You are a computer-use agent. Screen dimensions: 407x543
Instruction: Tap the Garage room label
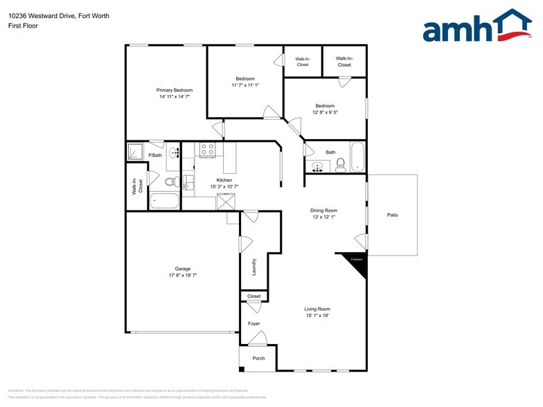click(x=183, y=269)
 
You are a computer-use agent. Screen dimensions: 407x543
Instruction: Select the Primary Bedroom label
click(x=175, y=91)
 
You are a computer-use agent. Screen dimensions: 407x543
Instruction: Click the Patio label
click(x=392, y=215)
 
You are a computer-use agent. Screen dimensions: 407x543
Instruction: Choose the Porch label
click(x=258, y=358)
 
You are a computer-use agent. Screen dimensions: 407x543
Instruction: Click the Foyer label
click(x=254, y=324)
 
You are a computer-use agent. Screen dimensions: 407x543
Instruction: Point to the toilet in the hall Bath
click(x=340, y=164)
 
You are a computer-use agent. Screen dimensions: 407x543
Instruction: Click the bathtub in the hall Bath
click(x=357, y=157)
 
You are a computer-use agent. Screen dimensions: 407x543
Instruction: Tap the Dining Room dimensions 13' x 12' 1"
click(x=324, y=217)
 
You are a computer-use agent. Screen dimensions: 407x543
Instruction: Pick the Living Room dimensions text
click(x=317, y=315)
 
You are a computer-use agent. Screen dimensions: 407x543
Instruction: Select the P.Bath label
click(x=155, y=155)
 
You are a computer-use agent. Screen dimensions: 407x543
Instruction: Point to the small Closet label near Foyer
click(x=254, y=296)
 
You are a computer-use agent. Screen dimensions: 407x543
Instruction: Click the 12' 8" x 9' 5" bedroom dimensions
click(x=325, y=112)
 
